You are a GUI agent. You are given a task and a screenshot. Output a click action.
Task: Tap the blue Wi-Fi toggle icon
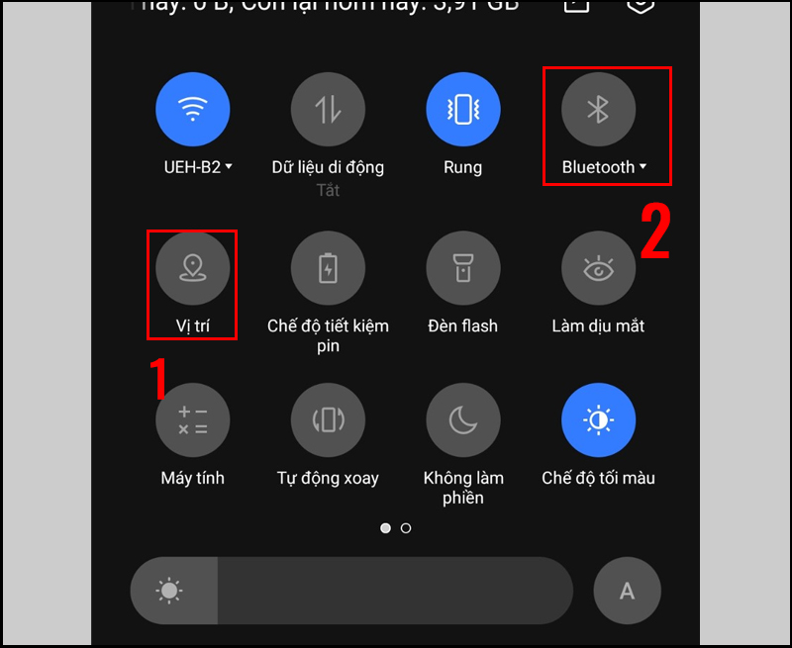click(193, 110)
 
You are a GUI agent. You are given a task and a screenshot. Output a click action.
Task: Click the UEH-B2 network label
click(198, 167)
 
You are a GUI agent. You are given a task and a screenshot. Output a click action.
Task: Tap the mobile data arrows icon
click(328, 110)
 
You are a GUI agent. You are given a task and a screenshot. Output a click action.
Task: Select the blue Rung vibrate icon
click(462, 110)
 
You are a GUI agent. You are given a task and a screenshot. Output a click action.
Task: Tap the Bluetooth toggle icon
click(598, 110)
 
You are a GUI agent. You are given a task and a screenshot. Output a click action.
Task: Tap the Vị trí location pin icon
click(193, 269)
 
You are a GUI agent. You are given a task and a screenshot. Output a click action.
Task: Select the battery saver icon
click(328, 269)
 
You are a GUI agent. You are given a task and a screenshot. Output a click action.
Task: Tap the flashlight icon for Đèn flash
click(462, 269)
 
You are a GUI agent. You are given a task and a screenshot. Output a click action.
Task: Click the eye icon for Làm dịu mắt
click(598, 269)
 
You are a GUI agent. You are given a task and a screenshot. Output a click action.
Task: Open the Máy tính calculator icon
click(193, 420)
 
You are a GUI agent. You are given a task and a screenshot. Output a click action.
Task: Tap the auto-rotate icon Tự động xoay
click(328, 420)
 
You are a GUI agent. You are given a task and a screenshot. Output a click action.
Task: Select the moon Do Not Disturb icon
click(462, 420)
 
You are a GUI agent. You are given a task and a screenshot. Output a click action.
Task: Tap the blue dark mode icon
click(598, 420)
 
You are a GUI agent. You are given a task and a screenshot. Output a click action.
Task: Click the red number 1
click(158, 379)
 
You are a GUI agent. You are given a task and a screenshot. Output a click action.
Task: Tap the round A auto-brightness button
click(627, 591)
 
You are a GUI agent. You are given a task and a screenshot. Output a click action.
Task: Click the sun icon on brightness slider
click(169, 591)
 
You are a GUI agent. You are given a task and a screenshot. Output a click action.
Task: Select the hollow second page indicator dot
click(406, 528)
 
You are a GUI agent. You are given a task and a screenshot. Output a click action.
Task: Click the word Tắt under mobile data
click(328, 190)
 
